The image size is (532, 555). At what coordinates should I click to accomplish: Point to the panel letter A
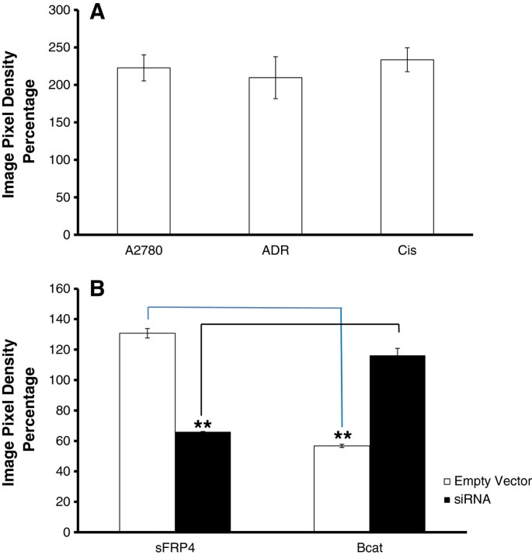(x=98, y=14)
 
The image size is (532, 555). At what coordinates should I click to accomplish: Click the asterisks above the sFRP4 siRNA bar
(x=203, y=424)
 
